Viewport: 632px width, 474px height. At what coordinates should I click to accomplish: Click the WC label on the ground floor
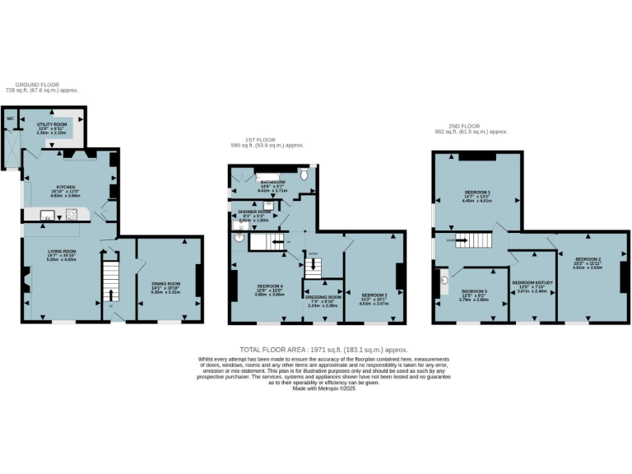point(11,118)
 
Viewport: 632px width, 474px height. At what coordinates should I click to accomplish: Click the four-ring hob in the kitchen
point(72,216)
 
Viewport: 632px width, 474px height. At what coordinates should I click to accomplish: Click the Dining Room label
point(165,284)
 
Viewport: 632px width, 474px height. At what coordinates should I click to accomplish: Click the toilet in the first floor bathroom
point(304,175)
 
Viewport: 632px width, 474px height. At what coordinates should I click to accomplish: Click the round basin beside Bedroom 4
point(239,238)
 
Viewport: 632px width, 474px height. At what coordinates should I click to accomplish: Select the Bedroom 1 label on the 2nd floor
point(476,194)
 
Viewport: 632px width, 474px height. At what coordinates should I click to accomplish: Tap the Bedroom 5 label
point(474,291)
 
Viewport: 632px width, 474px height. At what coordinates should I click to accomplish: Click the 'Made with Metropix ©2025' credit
point(323,388)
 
